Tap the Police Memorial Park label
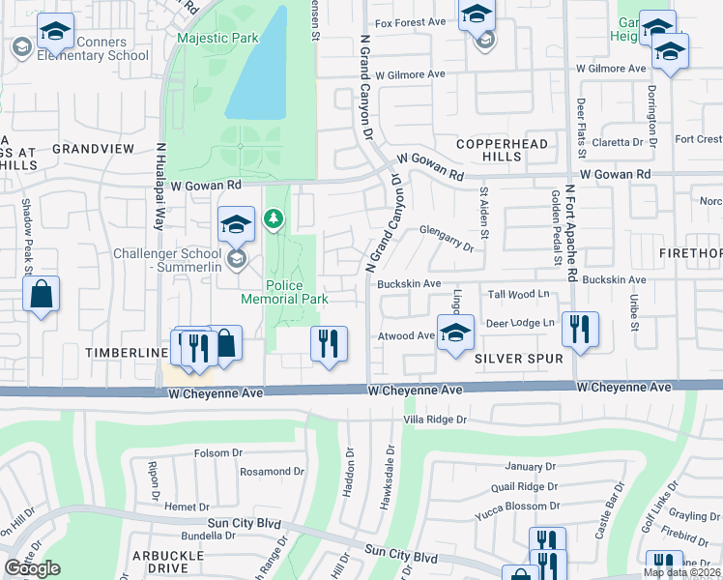click(298, 292)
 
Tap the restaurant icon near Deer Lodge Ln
click(580, 329)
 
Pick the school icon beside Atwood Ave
click(455, 334)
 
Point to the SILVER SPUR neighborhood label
click(518, 358)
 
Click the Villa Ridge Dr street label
click(435, 420)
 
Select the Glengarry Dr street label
click(447, 238)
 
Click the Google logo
click(32, 568)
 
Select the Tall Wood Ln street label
click(518, 293)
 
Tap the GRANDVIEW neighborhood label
click(93, 149)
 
